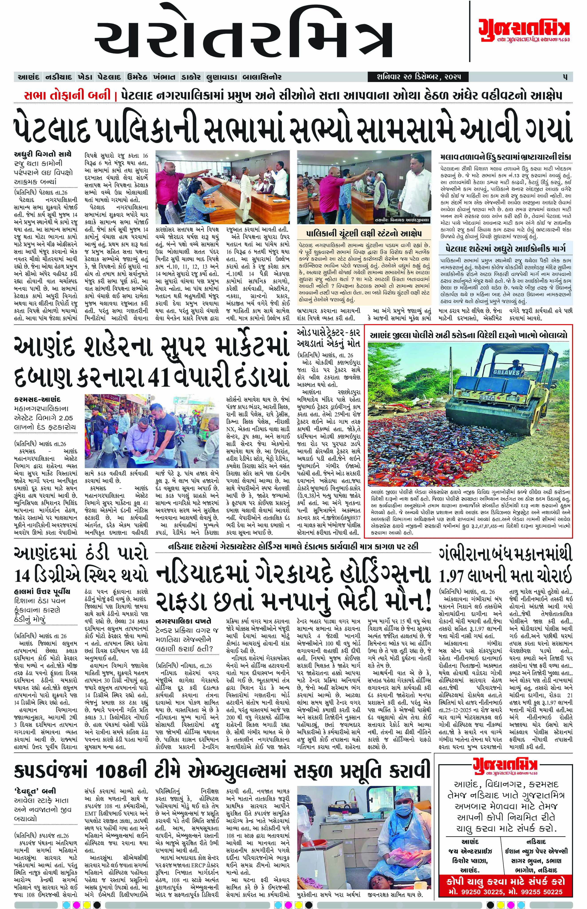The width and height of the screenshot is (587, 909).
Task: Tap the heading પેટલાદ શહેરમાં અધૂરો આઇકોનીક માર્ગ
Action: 505,248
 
